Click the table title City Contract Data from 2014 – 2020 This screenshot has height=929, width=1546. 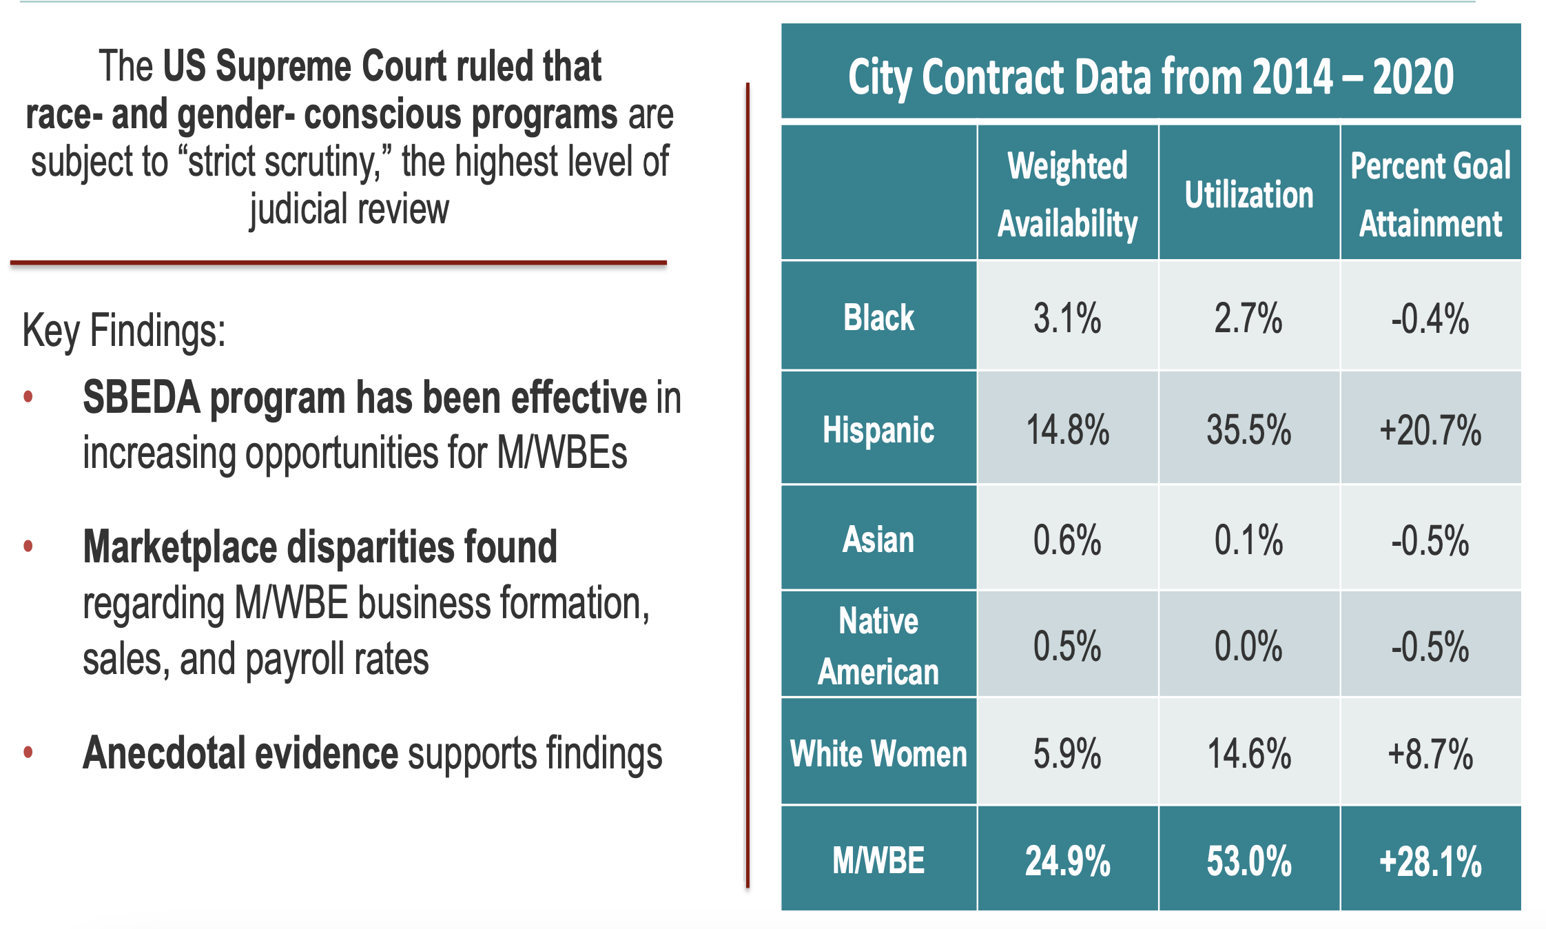coord(1151,76)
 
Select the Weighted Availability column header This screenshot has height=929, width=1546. coord(1067,194)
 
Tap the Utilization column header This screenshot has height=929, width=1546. coord(1248,194)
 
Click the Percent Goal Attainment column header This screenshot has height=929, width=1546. coord(1430,194)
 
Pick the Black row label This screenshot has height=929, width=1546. coord(878,318)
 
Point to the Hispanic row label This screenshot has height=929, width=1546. coord(878,430)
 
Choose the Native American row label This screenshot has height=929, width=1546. coord(878,646)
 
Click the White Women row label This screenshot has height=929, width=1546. coord(878,753)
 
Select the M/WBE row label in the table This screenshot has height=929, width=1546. coord(878,860)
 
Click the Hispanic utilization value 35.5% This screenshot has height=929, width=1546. coord(1248,430)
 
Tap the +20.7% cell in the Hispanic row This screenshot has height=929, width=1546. coord(1430,430)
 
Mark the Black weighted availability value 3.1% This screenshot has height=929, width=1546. coord(1067,318)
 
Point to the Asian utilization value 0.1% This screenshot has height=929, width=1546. coord(1248,540)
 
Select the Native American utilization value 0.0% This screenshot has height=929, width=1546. coord(1248,646)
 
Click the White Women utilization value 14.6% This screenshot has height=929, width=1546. coord(1248,753)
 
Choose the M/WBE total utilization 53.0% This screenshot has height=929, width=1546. coord(1248,861)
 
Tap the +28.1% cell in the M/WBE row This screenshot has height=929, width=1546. coord(1430,861)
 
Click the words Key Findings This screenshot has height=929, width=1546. coord(124,331)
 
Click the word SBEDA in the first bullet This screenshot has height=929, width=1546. coord(141,398)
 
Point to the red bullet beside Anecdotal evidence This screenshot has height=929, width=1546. coord(28,751)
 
